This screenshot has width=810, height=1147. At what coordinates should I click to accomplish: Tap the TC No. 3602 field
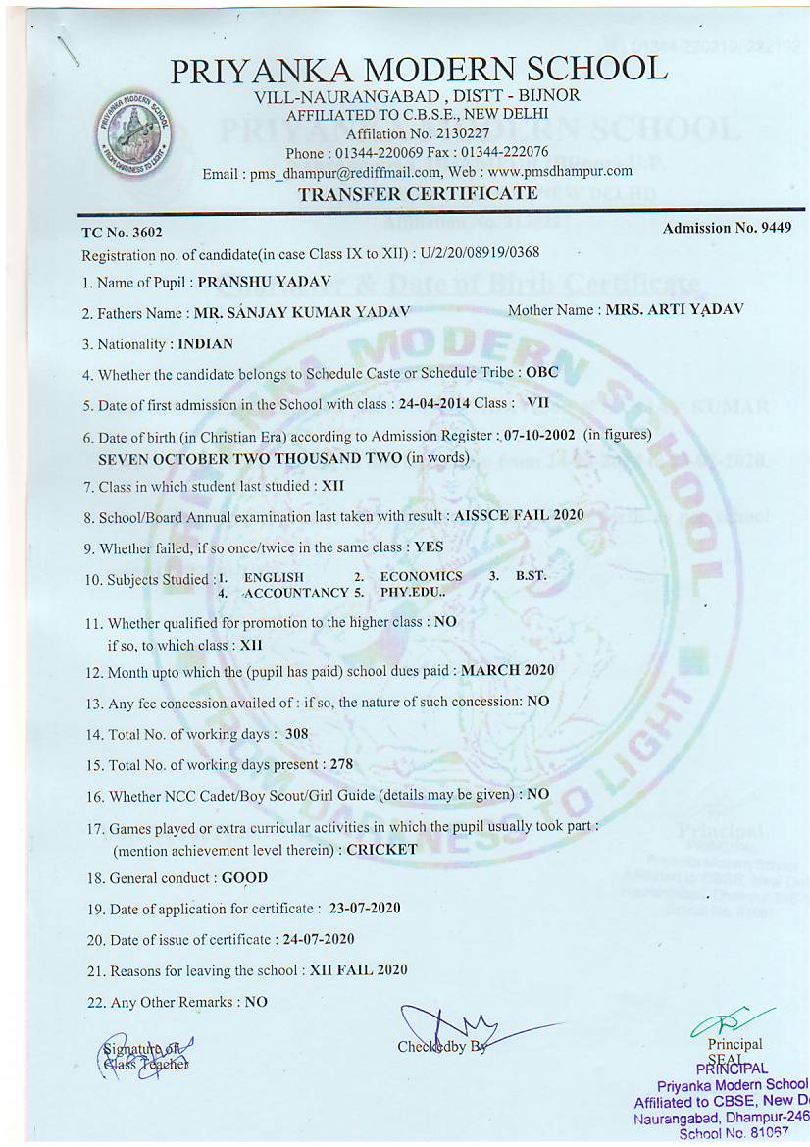coord(122,233)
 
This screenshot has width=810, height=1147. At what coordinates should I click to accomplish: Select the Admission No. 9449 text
coord(727,228)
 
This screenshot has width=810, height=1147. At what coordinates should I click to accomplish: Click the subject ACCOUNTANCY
coord(295,593)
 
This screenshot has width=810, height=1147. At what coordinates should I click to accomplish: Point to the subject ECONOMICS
coord(421,576)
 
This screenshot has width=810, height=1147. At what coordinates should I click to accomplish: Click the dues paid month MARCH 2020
coord(507,670)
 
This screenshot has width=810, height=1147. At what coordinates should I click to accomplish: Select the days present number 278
coord(340,763)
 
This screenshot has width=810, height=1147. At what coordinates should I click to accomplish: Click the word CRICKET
coord(381,849)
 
